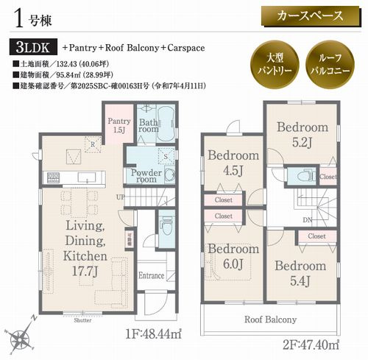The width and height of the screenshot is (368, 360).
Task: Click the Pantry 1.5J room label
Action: click(118, 125)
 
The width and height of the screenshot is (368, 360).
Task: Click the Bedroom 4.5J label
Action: click(233, 162)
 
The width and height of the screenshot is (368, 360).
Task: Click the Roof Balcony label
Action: click(272, 320)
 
